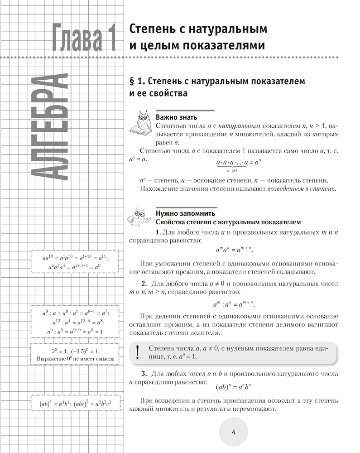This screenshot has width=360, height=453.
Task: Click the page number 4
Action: tap(234, 432)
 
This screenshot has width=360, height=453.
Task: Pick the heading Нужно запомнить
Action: tap(186, 213)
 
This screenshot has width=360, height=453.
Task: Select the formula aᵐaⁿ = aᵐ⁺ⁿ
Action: tap(233, 250)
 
